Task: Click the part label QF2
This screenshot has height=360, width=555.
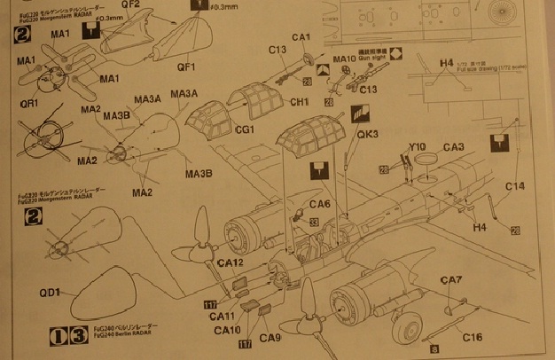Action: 130,5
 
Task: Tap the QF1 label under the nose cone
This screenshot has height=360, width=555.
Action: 186,66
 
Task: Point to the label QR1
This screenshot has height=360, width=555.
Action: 31,103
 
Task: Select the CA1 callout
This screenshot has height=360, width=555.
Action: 301,36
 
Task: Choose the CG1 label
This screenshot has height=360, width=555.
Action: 246,129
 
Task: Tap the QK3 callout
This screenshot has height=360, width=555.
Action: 369,135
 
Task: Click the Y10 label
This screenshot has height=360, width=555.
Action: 418,147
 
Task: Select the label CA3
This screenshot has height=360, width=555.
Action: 453,146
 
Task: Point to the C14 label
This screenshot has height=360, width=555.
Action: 516,186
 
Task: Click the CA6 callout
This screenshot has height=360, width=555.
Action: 321,205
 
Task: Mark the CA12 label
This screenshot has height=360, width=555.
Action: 229,263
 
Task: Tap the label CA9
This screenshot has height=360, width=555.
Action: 271,338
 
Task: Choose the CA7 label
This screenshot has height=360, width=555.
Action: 452,280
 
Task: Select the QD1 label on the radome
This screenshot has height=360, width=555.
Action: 49,293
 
